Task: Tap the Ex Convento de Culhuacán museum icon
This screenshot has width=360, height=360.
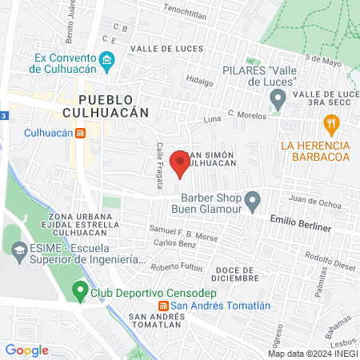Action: pos(106,61)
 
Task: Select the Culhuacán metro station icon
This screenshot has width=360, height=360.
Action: pos(79,134)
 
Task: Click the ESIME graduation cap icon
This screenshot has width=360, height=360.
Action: pos(17,250)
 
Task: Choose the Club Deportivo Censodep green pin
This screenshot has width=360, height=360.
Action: pos(79,291)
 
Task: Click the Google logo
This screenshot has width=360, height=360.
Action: pos(26,350)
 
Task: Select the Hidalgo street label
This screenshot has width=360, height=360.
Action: pos(199,81)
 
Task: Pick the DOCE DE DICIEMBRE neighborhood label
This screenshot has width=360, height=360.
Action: pos(238,274)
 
